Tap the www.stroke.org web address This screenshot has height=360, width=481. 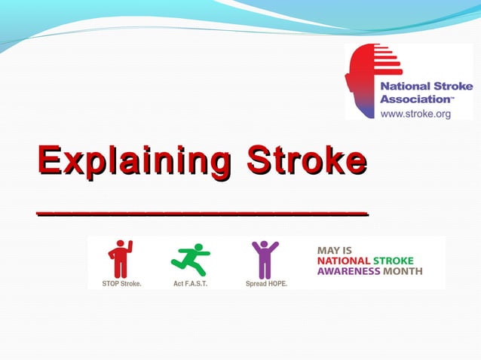click(x=415, y=114)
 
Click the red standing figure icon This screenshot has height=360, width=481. click(x=120, y=259)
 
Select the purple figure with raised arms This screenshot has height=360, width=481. click(x=265, y=259)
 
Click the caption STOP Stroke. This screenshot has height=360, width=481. click(x=122, y=285)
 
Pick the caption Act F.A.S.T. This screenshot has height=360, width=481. click(x=190, y=285)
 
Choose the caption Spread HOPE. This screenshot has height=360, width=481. click(x=266, y=285)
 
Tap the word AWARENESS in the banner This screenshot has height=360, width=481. click(x=348, y=271)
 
